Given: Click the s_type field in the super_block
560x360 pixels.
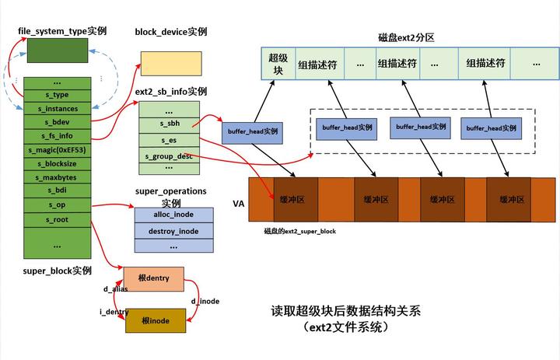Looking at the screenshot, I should [x=58, y=95].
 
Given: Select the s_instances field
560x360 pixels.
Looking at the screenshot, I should [x=58, y=109].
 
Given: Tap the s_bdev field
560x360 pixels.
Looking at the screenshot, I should [x=58, y=122].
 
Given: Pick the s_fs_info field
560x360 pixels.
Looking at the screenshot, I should [x=58, y=136].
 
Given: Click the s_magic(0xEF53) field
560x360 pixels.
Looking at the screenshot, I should [x=58, y=149].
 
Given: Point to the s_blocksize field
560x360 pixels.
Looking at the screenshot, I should [x=58, y=163].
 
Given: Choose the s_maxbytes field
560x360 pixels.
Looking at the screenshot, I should [x=58, y=177].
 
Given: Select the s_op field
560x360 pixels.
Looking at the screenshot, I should [x=58, y=204].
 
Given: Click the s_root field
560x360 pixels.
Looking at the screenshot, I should [x=58, y=218].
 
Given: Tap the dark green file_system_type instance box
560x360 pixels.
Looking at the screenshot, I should [x=58, y=51].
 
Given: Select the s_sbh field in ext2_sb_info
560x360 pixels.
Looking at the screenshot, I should [x=169, y=124].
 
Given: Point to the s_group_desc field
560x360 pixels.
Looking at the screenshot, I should [x=169, y=156].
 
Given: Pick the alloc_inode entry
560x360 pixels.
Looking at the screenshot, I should [x=173, y=214].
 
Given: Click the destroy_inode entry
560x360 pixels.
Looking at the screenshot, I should [x=173, y=231].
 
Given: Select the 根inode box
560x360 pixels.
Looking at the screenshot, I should [x=156, y=320].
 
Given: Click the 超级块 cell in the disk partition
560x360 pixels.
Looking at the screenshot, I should [x=277, y=63].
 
